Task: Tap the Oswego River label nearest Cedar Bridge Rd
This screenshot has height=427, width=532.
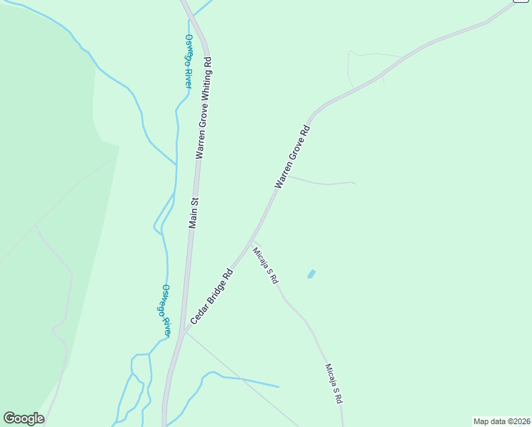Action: tap(166, 310)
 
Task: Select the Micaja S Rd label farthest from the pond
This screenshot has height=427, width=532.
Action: tap(333, 384)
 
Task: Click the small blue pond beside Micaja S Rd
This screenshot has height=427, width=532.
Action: tap(312, 274)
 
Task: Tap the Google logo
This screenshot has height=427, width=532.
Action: tap(23, 418)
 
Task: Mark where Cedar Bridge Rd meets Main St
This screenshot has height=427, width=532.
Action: tap(183, 331)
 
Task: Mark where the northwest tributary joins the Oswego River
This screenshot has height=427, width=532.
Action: tap(176, 164)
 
